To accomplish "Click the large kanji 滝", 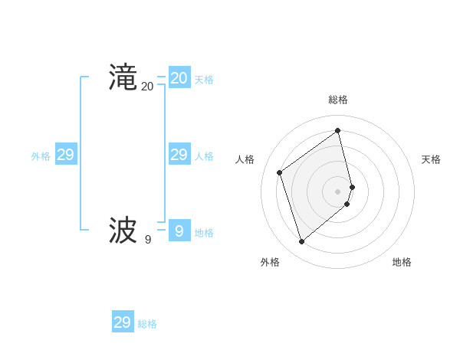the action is pos(123,78).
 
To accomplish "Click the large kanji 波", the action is pos(123,230).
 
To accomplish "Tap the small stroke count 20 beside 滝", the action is pos(147,87).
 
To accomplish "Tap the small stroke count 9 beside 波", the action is pos(147,239).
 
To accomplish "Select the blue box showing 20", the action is pos(179,78).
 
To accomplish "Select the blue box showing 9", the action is pos(179,230).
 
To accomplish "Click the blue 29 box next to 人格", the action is pos(179,155).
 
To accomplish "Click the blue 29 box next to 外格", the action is pos(65,155).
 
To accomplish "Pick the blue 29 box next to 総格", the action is pos(122,322).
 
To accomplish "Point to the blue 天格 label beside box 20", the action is pos(204,80).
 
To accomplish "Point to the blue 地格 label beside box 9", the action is pos(204,233).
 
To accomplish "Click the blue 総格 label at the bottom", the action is pos(147,324).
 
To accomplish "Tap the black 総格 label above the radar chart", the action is pos(338,100).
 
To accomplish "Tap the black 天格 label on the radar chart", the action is pos(431,159).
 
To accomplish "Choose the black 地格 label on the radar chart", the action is pos(402,262).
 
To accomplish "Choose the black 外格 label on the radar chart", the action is pos(270,262).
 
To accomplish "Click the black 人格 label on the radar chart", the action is pos(245,159).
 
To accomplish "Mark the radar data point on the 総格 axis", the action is pos(338,130).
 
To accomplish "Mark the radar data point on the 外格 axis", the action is pos(301,242).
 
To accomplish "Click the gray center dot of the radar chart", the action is pos(338,191).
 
